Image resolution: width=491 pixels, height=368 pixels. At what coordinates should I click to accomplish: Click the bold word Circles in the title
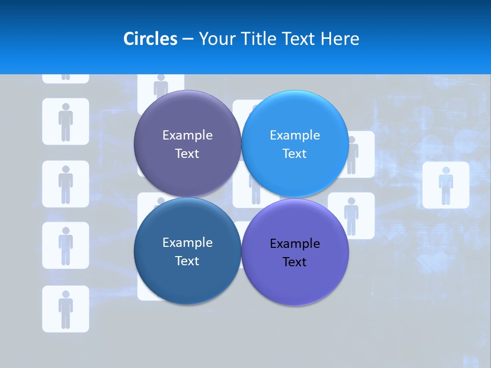[x=150, y=39]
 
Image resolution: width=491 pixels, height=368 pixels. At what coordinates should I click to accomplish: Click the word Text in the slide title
[x=299, y=39]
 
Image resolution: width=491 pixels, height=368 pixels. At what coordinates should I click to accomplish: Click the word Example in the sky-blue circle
[x=295, y=135]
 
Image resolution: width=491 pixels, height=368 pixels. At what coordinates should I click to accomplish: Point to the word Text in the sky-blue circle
[x=295, y=154]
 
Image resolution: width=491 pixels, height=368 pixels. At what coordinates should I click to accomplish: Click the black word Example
[x=295, y=244]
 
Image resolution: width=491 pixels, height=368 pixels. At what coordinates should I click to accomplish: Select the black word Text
[x=295, y=262]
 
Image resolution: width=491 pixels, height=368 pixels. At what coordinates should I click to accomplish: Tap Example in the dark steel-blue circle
[x=187, y=243]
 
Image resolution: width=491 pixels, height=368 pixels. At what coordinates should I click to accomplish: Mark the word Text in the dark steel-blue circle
[x=187, y=261]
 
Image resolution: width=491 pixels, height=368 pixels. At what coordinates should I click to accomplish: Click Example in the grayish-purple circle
[x=187, y=135]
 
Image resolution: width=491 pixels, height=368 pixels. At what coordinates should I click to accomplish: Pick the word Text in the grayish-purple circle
[x=187, y=154]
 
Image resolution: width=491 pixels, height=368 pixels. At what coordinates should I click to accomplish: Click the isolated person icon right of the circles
[x=445, y=185]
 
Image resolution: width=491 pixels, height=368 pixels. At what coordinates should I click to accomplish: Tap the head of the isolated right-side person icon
[x=445, y=170]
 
